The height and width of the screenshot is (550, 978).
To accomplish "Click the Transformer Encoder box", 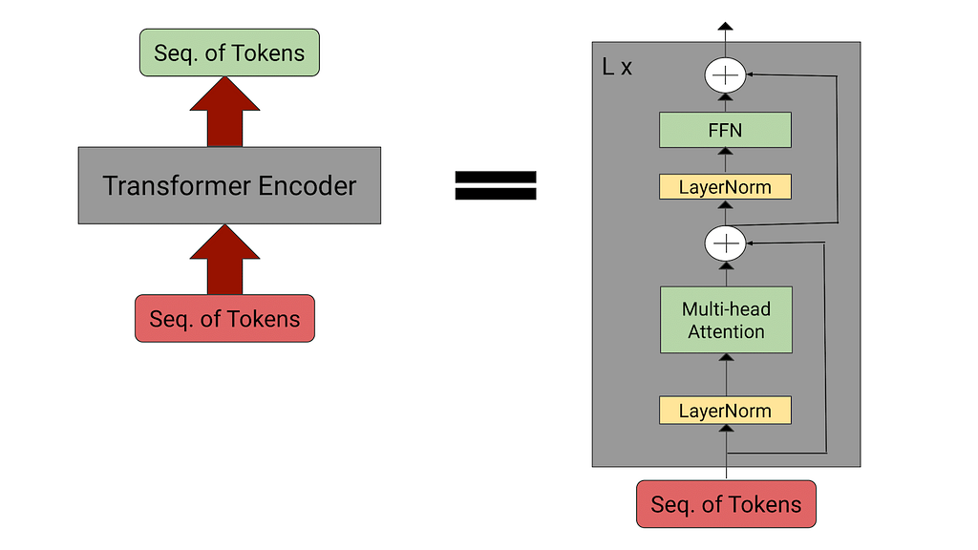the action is pos(229,185).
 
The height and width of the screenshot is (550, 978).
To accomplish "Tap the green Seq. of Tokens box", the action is pos(229,53).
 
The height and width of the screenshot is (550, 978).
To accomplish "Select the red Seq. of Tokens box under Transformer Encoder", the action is pos(224,318).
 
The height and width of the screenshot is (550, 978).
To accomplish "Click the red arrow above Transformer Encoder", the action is pos(224,113).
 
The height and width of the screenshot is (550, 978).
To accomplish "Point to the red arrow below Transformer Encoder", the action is pos(224,260).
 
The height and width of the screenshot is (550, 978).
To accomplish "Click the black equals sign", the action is pos(496,185).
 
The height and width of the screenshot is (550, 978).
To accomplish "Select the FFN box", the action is pos(726,130).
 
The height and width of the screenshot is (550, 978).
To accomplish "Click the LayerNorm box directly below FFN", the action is pos(726,186).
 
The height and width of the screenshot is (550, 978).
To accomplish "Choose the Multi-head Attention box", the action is pos(726,320).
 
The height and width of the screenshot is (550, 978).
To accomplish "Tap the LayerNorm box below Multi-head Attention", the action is pos(726,411).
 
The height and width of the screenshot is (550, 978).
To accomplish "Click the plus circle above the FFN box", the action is pos(726,75).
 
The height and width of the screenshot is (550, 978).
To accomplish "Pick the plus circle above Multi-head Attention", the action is pos(726,243).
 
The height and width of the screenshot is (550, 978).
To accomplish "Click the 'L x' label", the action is pos(617,67).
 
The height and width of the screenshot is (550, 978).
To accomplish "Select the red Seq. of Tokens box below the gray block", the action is pos(726,504).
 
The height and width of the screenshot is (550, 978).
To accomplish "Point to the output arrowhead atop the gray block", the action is pos(725,26).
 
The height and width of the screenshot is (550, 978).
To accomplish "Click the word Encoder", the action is pos(307,186).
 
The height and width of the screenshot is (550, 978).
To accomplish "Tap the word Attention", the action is pos(726,331).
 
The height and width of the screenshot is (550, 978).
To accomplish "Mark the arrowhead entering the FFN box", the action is pos(726,152).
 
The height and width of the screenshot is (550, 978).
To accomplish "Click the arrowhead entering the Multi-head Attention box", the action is pos(726,357).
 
